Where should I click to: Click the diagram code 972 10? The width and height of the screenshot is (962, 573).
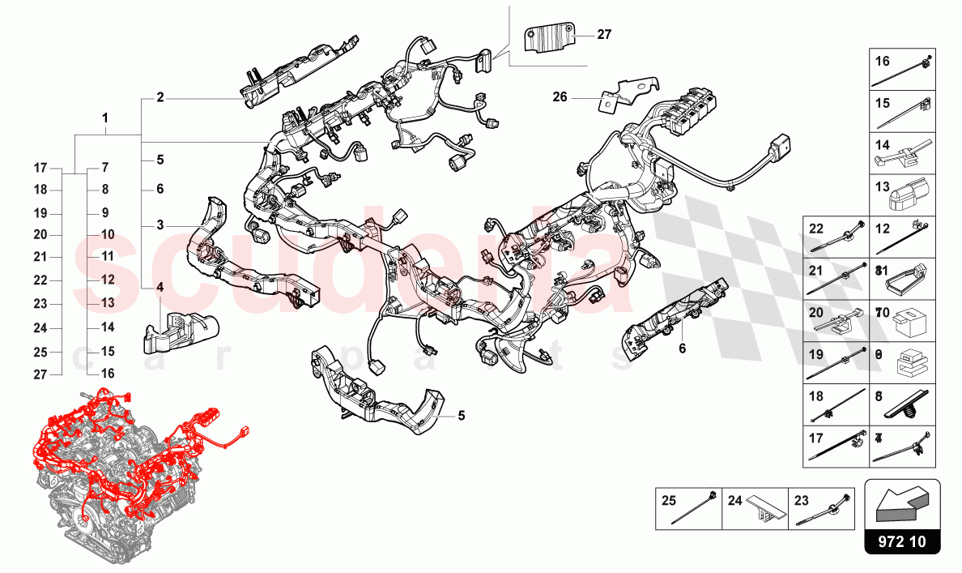[903, 541]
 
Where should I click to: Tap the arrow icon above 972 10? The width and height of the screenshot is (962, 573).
[903, 504]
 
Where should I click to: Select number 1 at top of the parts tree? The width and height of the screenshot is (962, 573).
[105, 118]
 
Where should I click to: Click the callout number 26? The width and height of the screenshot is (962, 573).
[560, 96]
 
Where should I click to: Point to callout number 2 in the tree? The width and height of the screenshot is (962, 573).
[160, 98]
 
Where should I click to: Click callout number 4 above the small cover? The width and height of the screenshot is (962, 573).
[160, 287]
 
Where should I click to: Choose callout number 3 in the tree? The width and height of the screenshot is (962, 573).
[160, 224]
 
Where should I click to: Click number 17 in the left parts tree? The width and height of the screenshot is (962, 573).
[41, 169]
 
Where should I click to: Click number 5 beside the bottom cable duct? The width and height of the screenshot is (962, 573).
[461, 416]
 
